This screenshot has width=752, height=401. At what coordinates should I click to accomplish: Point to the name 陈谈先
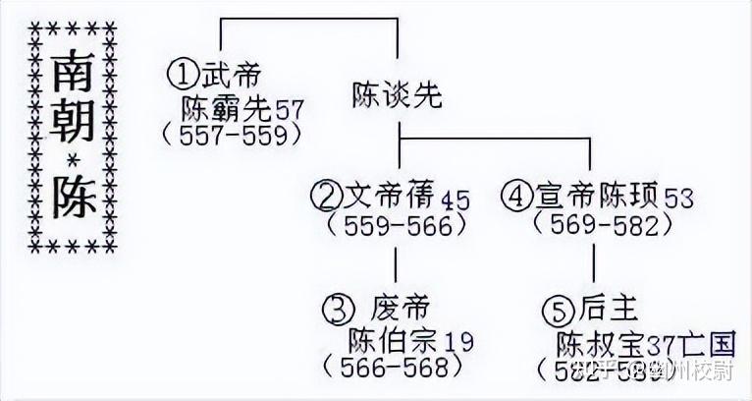[x=398, y=94]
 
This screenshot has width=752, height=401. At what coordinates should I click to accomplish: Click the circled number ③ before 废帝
[x=337, y=309]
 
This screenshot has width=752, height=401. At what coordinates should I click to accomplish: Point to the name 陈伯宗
[x=387, y=340]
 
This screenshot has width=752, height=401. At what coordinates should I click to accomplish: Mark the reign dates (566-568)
[x=392, y=368]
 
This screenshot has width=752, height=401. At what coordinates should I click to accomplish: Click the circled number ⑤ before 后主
[x=557, y=311]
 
